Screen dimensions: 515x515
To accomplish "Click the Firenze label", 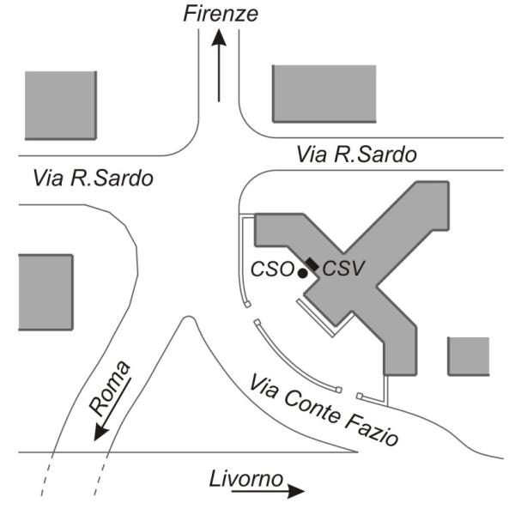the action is [221, 13].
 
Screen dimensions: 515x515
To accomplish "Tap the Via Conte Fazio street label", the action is [324, 410].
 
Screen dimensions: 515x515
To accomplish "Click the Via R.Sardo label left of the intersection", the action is [93, 179].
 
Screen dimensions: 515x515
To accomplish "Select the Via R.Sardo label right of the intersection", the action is [356, 155].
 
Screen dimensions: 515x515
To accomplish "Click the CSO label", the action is [271, 269].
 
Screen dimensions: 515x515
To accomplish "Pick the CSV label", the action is [343, 269].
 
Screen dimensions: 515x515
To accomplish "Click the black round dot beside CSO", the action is [302, 273].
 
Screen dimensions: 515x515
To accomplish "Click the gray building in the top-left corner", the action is [59, 105].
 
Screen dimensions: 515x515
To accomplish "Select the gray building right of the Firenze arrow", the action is [324, 93].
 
